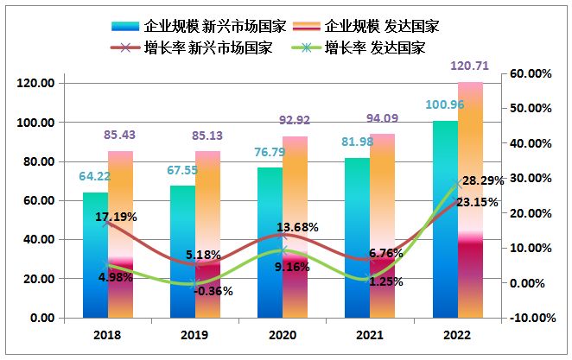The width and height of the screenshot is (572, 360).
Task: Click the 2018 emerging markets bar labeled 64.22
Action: click(95, 255)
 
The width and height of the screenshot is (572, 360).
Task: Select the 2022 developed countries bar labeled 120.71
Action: click(470, 199)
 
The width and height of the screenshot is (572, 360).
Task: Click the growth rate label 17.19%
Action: click(116, 217)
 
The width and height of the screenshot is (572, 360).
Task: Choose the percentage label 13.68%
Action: click(297, 227)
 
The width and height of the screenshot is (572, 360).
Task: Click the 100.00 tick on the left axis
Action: click(36, 123)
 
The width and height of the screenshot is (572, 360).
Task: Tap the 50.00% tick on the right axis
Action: click(530, 109)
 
